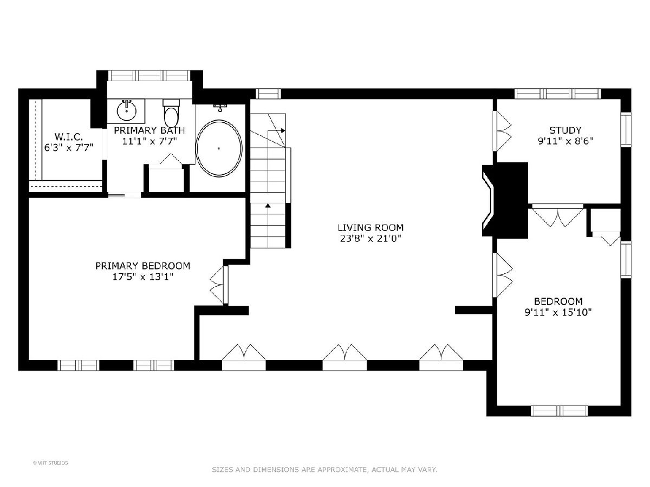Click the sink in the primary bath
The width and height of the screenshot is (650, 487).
[x=126, y=110]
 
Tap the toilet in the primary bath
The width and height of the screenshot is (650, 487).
[x=171, y=114]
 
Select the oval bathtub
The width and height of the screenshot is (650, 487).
[x=219, y=148]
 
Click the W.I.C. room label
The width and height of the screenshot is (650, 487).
[x=69, y=136]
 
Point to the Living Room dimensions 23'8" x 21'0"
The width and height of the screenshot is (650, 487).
[x=370, y=238]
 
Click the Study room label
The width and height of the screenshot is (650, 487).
[x=565, y=130]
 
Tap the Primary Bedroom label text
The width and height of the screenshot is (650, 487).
[x=143, y=266]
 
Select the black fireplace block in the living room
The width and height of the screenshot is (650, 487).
[x=505, y=200]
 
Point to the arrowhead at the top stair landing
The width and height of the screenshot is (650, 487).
[x=283, y=130]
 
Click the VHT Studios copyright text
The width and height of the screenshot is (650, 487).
[x=50, y=463]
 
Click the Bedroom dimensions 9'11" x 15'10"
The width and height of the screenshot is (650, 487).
[x=558, y=313]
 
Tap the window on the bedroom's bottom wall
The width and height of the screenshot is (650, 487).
[x=559, y=411]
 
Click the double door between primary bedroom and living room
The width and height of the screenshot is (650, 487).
[x=220, y=285]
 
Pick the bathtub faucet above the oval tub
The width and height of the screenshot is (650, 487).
[x=220, y=107]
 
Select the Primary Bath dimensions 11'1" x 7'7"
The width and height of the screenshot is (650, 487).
[x=149, y=141]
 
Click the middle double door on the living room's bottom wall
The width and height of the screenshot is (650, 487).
[x=344, y=357]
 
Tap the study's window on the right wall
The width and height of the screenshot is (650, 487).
[x=626, y=129]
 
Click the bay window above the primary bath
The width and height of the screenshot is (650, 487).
[x=149, y=75]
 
